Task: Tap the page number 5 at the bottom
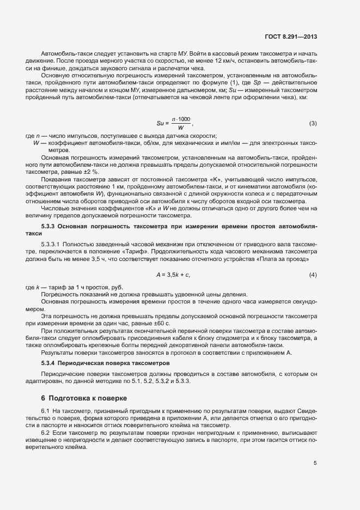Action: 315,463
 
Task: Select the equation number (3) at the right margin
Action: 313,123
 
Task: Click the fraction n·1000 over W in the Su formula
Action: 181,123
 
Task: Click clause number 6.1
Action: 46,410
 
